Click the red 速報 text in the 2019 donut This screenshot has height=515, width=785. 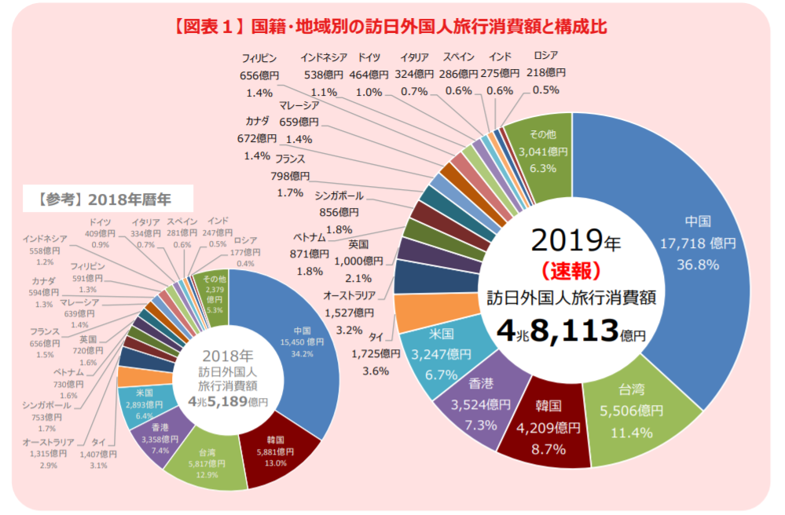tap(570, 270)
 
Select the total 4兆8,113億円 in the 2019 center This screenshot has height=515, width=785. tap(570, 331)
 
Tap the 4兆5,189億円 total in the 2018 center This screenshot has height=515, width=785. tap(227, 401)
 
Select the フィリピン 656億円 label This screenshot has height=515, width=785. tap(259, 75)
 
